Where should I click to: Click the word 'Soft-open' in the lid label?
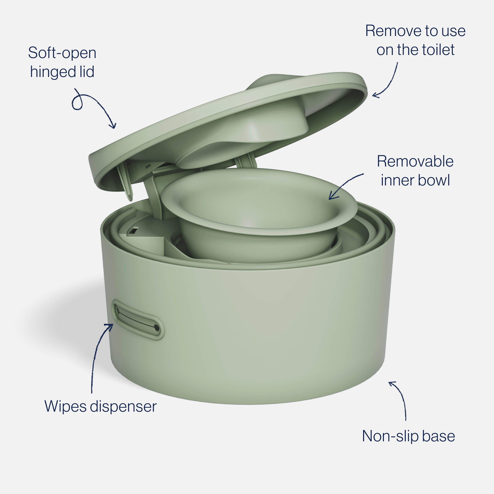click(x=62, y=53)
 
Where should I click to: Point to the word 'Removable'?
click(x=415, y=162)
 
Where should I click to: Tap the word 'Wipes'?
click(x=65, y=407)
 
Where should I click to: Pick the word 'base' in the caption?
click(x=438, y=436)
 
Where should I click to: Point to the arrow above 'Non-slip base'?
click(x=400, y=399)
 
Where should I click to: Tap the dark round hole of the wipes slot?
click(x=156, y=328)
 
